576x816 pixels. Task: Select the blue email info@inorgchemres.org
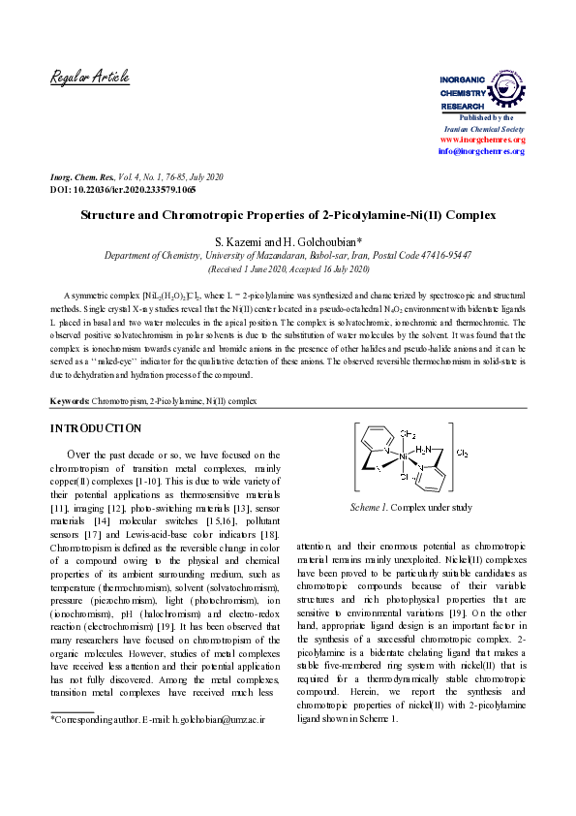coord(481,151)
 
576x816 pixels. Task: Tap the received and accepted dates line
coord(288,268)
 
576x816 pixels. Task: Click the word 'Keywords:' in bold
coord(71,400)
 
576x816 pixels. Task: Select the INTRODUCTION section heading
coord(95,428)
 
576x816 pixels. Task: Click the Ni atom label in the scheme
coord(404,455)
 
